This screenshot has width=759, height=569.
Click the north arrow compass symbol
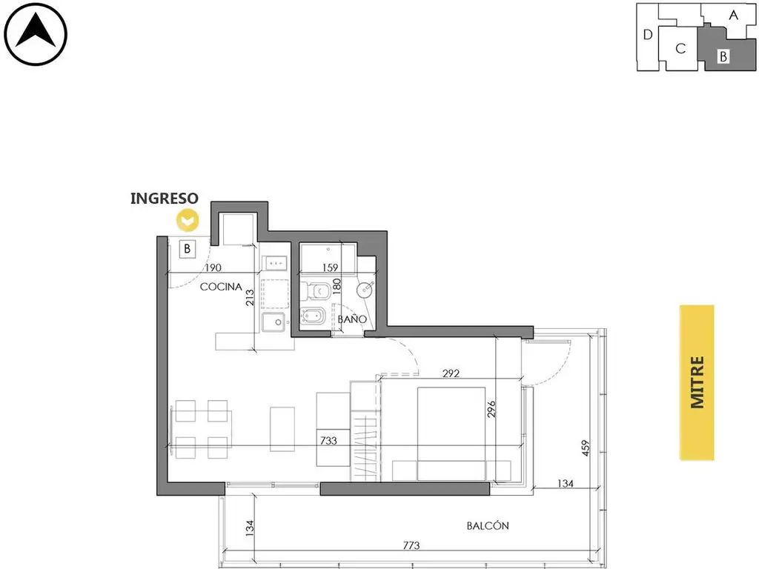tap(36, 34)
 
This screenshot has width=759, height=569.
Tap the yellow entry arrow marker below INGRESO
tap(188, 221)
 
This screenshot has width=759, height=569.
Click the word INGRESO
tap(164, 199)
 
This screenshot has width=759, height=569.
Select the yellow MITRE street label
tap(697, 382)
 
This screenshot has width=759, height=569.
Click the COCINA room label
tap(221, 287)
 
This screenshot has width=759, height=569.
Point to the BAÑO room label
tap(352, 319)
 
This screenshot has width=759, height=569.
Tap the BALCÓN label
tap(488, 525)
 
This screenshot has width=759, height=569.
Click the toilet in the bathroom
tap(315, 291)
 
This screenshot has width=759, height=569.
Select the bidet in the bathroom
tap(314, 317)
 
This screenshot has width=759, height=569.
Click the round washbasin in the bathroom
tap(365, 290)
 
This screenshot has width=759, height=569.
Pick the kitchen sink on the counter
tap(274, 323)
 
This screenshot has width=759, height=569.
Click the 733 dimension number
tap(328, 441)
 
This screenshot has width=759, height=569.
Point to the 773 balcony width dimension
tap(411, 545)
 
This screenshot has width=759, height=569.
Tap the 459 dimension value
tap(586, 447)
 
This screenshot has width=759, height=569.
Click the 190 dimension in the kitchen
tap(213, 267)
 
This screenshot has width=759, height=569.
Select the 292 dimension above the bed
tap(451, 373)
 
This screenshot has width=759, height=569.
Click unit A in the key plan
tap(733, 16)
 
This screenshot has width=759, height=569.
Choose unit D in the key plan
tap(648, 35)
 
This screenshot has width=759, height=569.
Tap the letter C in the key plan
tap(680, 48)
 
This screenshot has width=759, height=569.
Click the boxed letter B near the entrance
tap(188, 249)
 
